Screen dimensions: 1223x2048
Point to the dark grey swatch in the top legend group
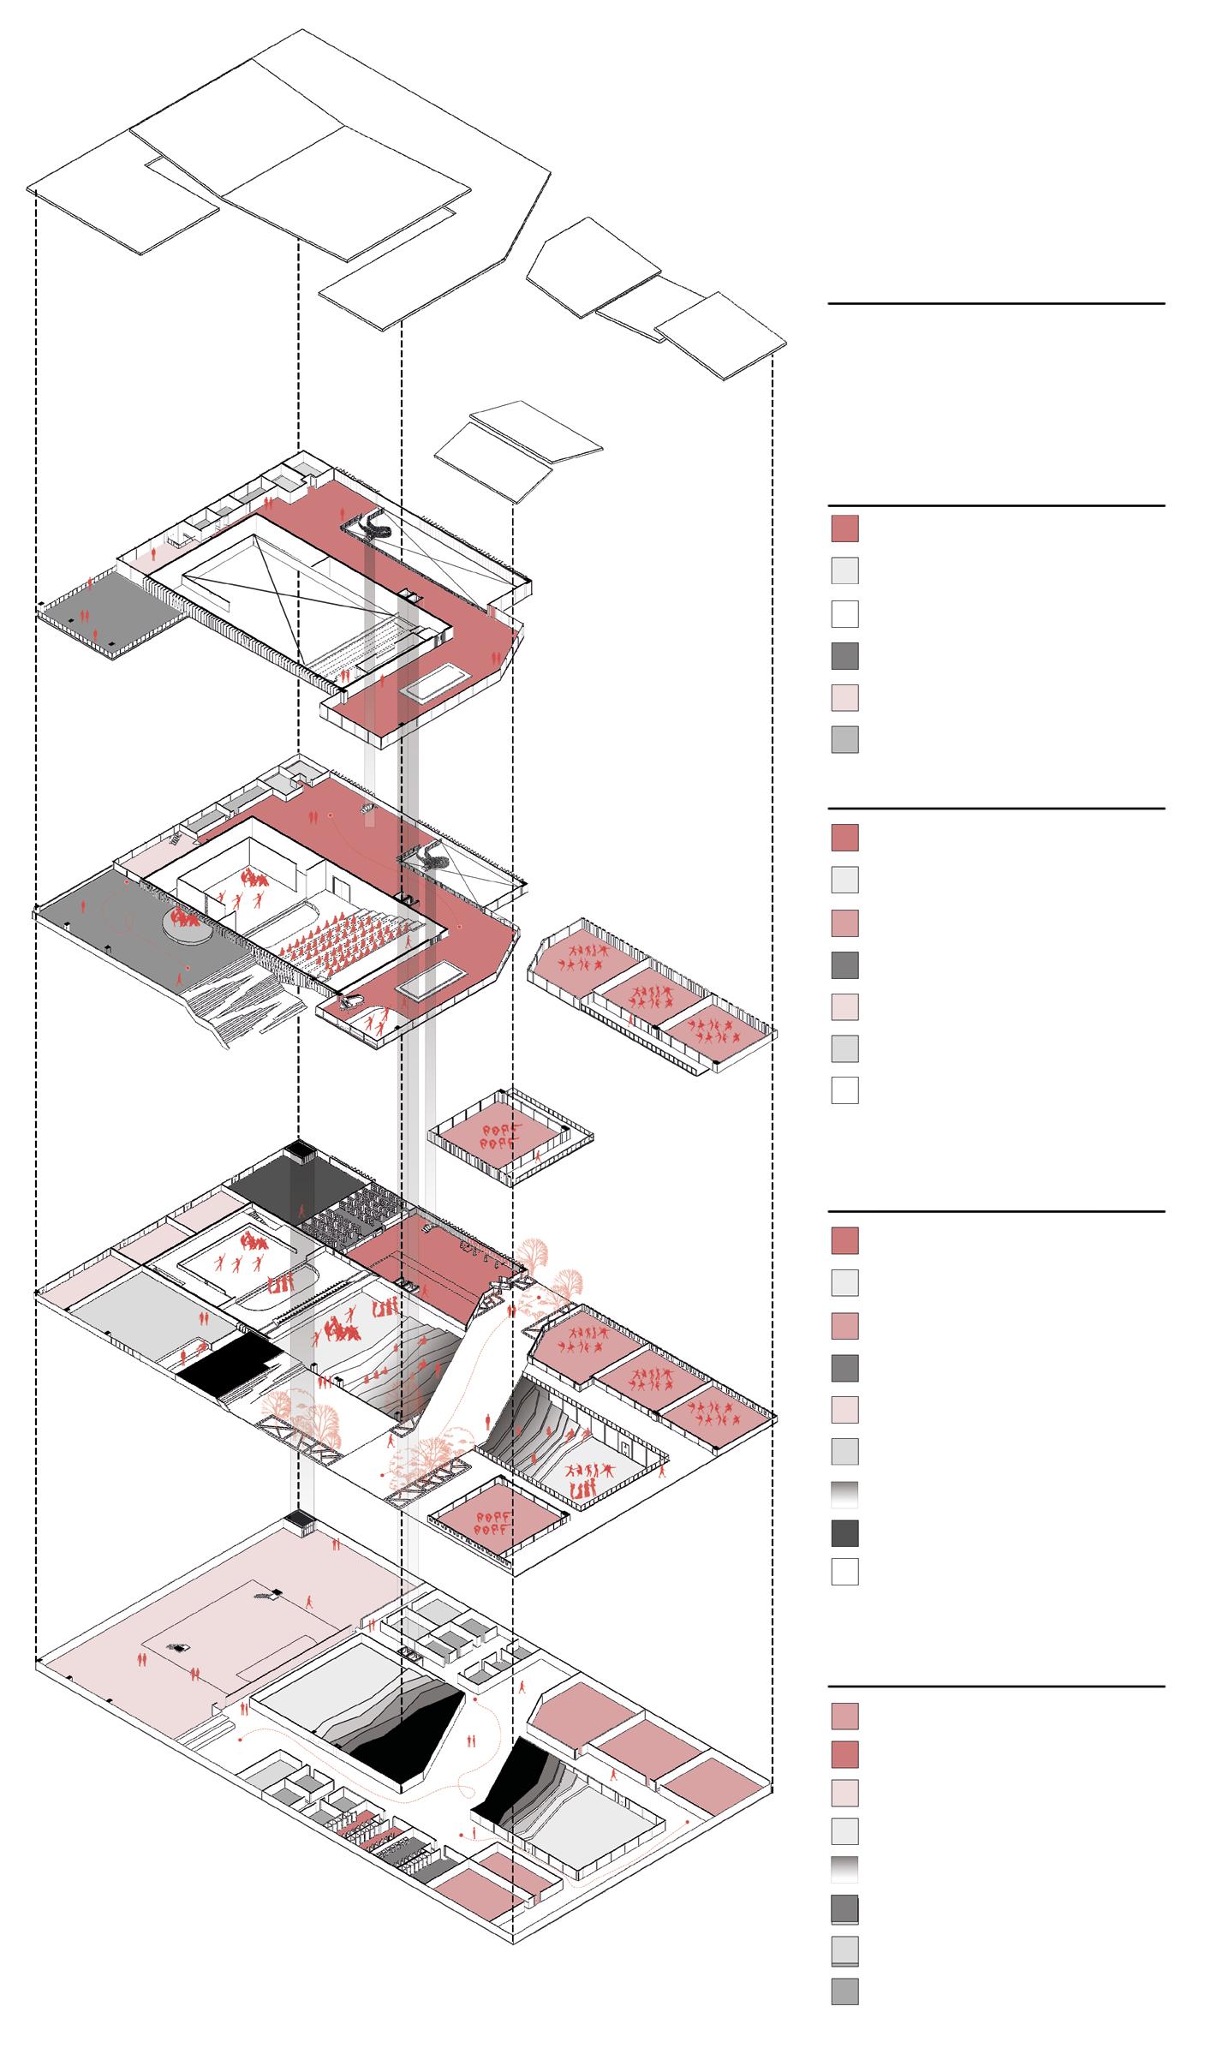[x=844, y=656]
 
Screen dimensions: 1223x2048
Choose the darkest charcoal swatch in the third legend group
[x=844, y=1532]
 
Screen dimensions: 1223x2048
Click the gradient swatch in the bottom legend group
[x=844, y=1869]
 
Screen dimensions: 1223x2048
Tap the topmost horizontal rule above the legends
[x=996, y=303]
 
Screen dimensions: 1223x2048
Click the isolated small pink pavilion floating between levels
[x=510, y=1137]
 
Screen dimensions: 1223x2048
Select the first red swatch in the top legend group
[x=844, y=528]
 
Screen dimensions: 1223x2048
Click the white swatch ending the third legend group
[x=844, y=1572]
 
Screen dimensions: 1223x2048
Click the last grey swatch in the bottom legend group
[x=844, y=1991]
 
